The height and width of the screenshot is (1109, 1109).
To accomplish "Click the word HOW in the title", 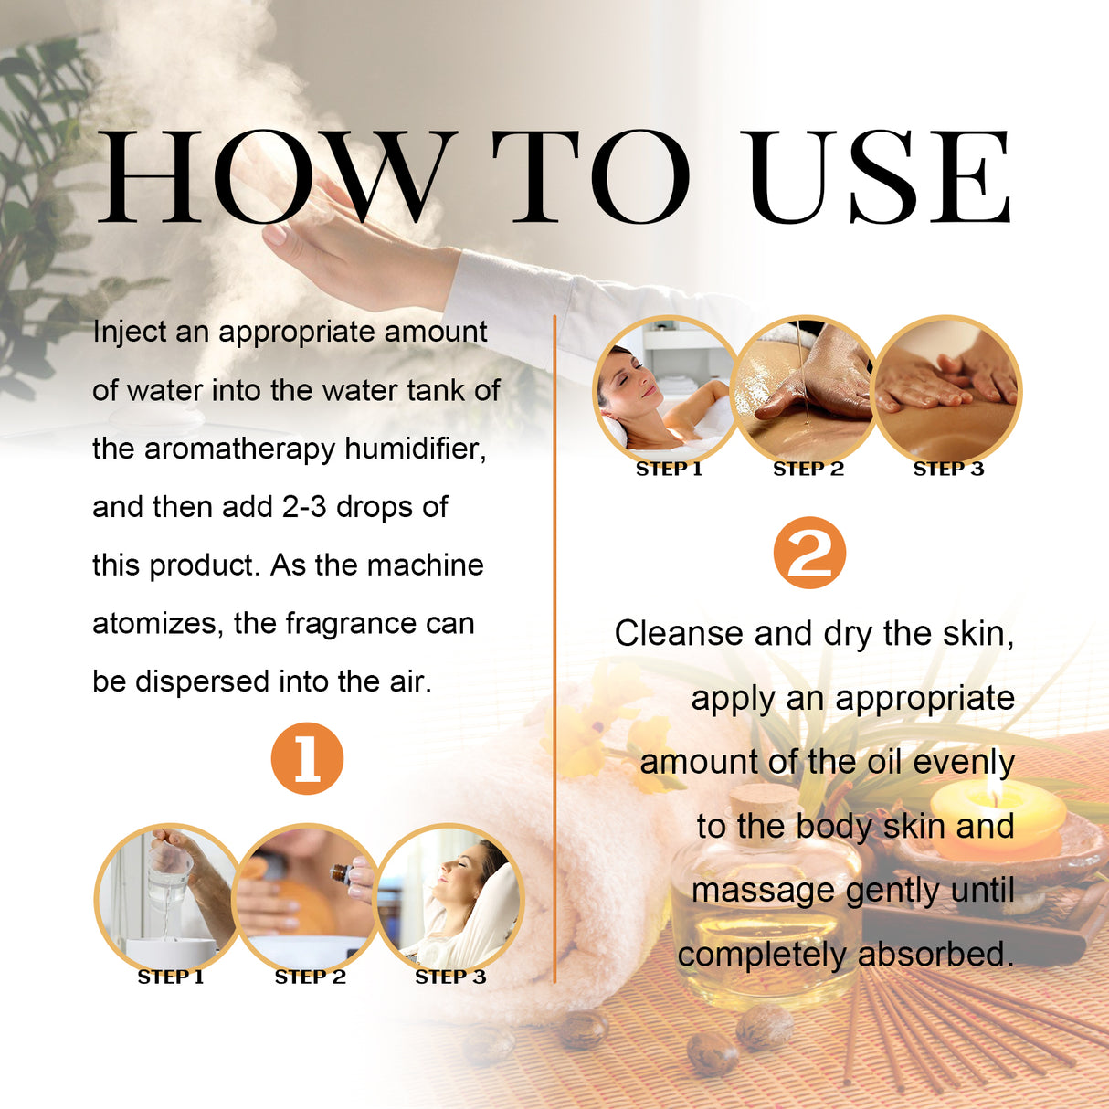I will (274, 178).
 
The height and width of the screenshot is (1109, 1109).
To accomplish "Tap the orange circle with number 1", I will (307, 758).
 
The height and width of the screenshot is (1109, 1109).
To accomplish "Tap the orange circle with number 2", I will (809, 553).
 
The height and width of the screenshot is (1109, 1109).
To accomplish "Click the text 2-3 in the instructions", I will (303, 507).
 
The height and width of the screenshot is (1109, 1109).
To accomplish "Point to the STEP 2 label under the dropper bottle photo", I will (311, 977).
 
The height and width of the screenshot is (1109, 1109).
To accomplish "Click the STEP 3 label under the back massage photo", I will (948, 469).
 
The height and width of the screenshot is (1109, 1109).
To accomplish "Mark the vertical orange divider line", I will (554, 639).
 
